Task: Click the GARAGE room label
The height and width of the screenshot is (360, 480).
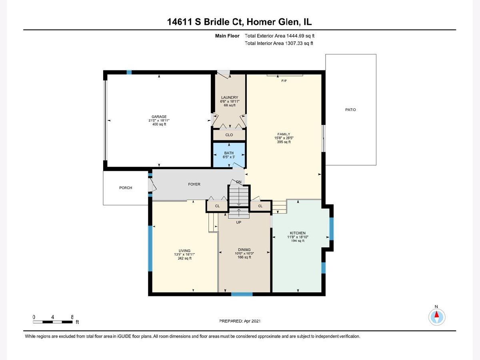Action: tap(159, 117)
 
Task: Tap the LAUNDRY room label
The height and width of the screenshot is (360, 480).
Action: tap(230, 98)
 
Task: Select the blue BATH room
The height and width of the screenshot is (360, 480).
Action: tap(229, 155)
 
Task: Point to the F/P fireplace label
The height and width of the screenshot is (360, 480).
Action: tap(284, 81)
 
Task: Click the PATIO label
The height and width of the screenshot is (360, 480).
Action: tap(350, 110)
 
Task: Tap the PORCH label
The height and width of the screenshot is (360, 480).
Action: tap(126, 188)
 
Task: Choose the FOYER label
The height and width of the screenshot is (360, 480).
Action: tap(194, 184)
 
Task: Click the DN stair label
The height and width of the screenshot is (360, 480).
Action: tap(239, 182)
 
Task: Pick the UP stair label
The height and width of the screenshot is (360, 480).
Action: tap(238, 222)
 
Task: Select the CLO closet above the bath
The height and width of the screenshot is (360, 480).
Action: tap(229, 135)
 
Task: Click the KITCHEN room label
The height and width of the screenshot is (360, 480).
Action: tap(298, 233)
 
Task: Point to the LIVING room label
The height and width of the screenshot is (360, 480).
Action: tap(184, 251)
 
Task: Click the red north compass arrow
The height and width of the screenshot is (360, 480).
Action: tap(436, 314)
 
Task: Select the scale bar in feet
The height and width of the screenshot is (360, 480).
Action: tap(53, 322)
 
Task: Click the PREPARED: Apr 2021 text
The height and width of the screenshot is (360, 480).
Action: tap(240, 321)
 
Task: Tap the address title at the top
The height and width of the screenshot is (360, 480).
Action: tap(240, 22)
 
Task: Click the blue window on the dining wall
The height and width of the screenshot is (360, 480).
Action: tap(242, 294)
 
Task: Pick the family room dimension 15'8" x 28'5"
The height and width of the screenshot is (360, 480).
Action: tap(284, 138)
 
